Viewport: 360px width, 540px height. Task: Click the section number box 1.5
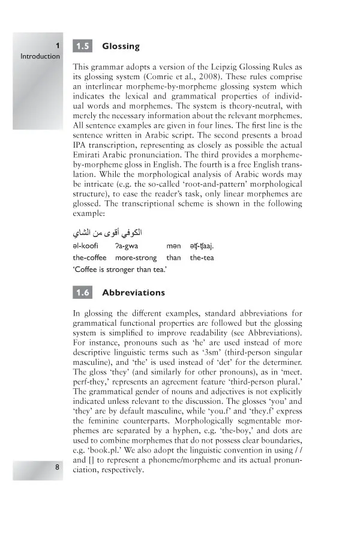82,46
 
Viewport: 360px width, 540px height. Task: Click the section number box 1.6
82,293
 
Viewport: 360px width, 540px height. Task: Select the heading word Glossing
121,46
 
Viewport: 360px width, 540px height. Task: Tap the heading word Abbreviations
133,293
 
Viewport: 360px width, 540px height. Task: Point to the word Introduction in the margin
40,56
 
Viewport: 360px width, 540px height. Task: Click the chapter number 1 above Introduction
57,46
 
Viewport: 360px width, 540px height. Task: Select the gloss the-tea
202,257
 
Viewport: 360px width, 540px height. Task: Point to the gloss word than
173,257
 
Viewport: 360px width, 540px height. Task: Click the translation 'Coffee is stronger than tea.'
119,270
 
